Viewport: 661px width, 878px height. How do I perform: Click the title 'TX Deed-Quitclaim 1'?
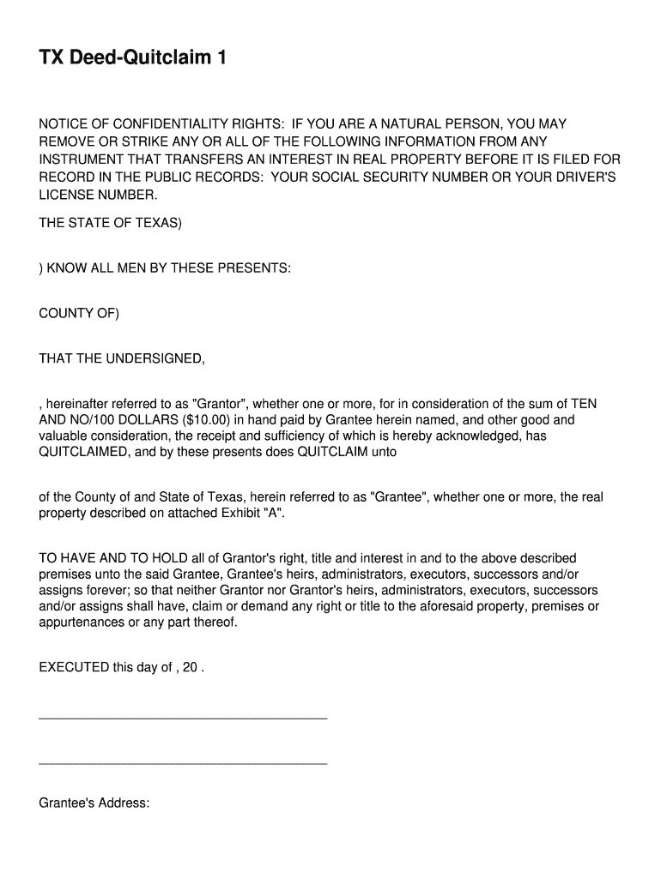pyautogui.click(x=133, y=58)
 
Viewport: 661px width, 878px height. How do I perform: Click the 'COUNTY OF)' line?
pyautogui.click(x=79, y=313)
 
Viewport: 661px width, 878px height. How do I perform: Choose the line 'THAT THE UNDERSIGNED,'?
pyautogui.click(x=122, y=358)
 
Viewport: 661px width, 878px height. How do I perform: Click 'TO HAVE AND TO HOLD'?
pyautogui.click(x=106, y=558)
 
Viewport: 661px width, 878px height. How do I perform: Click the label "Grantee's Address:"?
pyautogui.click(x=94, y=803)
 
